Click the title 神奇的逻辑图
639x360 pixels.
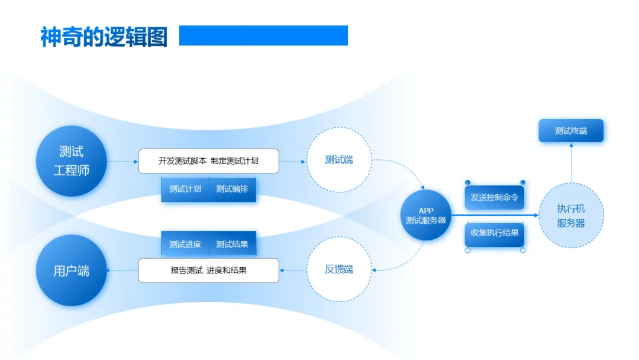(104, 37)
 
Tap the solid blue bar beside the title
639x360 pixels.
(263, 36)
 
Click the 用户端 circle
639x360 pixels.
(71, 271)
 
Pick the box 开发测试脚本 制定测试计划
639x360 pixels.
(208, 160)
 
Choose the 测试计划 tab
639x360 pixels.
(185, 189)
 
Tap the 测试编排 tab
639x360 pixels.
(232, 189)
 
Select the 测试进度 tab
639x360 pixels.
(185, 244)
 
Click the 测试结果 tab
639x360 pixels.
(232, 244)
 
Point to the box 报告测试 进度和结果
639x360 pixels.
(208, 271)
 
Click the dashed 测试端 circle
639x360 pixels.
(339, 160)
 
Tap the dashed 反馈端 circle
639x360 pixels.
(339, 269)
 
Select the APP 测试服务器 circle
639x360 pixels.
(426, 216)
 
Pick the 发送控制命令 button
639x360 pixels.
(495, 198)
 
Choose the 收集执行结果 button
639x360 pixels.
(495, 233)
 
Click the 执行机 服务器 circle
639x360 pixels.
(571, 216)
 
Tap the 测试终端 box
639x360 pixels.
(571, 131)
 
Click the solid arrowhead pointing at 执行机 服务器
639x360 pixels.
(537, 216)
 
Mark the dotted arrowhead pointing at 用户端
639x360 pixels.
(109, 271)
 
